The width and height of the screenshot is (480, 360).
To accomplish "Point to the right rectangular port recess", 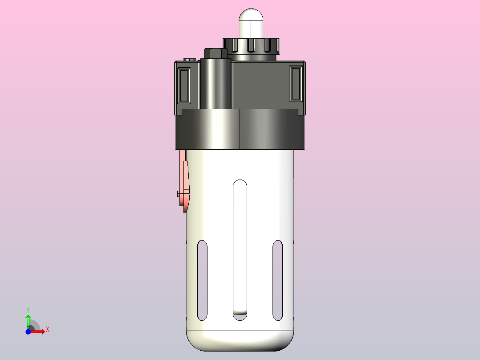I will (296, 83).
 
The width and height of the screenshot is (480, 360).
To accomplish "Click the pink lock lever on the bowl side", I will (184, 178).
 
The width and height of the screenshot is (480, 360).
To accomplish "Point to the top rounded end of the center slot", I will (240, 183).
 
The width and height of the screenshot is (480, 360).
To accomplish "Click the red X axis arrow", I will (39, 331).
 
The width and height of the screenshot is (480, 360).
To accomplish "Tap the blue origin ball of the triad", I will (28, 332).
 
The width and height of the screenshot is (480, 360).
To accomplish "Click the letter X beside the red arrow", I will (47, 329).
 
